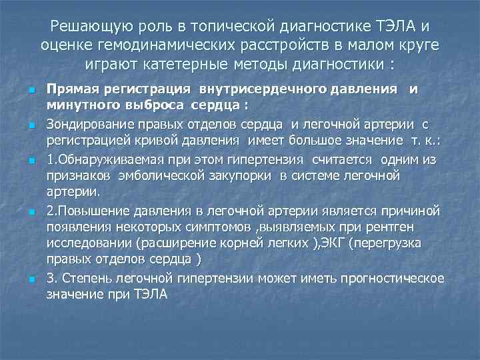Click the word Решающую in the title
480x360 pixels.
tap(90, 27)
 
